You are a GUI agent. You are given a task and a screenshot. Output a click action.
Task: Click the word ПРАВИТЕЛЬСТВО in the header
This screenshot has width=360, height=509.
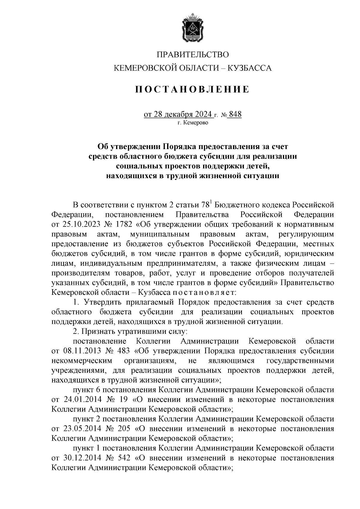(x=193, y=55)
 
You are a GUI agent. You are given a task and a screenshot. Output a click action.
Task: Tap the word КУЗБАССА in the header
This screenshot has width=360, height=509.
(x=250, y=68)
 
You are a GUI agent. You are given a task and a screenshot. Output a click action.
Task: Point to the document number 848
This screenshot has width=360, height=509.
(x=235, y=115)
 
